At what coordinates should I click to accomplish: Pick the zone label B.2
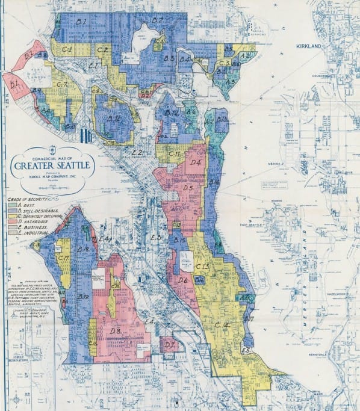pyautogui.click(x=158, y=20)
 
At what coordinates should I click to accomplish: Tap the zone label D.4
pyautogui.click(x=195, y=162)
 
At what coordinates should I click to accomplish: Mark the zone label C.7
pyautogui.click(x=61, y=85)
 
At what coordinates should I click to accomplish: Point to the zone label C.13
pyautogui.click(x=202, y=266)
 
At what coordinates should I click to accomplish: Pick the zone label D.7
pyautogui.click(x=169, y=345)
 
